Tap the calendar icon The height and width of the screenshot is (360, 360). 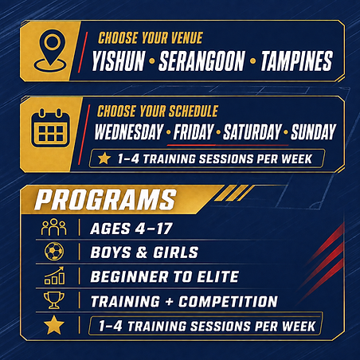51,128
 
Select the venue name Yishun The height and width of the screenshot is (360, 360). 119,61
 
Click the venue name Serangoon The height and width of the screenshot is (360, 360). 202,61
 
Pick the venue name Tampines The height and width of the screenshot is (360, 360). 296,61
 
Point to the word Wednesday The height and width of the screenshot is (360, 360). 129,131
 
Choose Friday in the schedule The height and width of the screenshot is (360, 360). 194,131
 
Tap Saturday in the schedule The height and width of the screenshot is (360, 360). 252,131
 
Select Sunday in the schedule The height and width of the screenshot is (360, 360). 313,131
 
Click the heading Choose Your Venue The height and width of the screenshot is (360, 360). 151,37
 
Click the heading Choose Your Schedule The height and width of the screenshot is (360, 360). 158,111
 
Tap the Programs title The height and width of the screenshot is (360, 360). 105,200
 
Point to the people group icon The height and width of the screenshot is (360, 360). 53,227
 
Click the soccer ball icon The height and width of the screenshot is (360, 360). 54,251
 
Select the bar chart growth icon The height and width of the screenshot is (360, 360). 54,276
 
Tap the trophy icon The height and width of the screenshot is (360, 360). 54,300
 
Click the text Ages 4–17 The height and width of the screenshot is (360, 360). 131,229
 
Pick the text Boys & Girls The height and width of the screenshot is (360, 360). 144,252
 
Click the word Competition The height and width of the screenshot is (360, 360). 228,301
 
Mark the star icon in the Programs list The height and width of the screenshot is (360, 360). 54,325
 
